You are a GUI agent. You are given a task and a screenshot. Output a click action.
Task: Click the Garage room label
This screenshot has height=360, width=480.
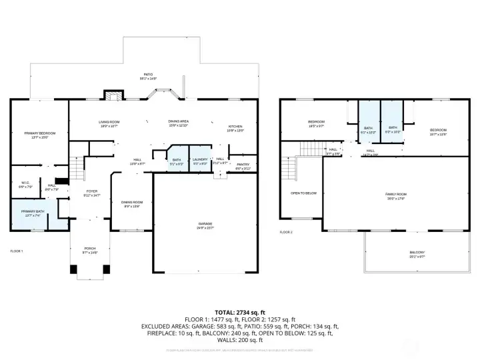[205, 225]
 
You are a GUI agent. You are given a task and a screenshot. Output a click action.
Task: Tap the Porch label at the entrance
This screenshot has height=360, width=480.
[90, 251]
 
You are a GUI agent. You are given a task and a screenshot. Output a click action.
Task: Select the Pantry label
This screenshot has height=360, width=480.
[243, 166]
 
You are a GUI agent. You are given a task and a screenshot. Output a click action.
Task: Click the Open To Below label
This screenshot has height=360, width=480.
[303, 193]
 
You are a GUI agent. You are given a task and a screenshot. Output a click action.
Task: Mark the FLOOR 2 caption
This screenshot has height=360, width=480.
[286, 231]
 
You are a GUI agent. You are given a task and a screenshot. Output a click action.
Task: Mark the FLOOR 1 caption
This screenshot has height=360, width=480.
[17, 251]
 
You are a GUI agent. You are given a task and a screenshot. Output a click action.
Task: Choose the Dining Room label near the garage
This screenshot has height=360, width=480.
[132, 203]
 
